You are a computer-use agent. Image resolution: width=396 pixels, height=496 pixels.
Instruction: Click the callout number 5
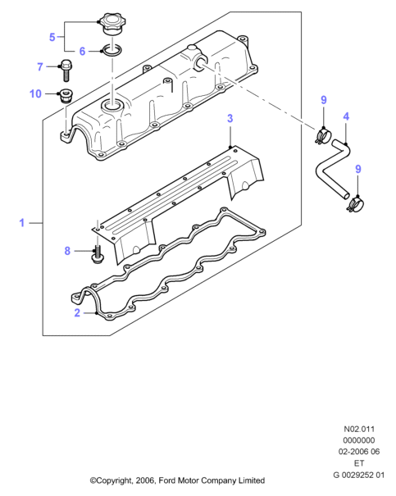pyautogui.click(x=52, y=37)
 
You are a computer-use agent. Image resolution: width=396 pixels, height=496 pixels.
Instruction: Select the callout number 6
pyautogui.click(x=82, y=51)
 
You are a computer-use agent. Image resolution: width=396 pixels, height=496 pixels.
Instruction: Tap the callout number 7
pyautogui.click(x=40, y=66)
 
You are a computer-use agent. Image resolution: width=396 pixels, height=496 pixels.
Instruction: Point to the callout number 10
pyautogui.click(x=35, y=93)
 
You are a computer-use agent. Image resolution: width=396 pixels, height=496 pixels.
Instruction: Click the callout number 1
pyautogui.click(x=22, y=223)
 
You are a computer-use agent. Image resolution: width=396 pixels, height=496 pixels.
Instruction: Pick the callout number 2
pyautogui.click(x=77, y=312)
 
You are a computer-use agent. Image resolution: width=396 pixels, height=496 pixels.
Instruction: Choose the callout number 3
pyautogui.click(x=230, y=118)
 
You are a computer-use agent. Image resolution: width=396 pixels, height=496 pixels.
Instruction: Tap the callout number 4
pyautogui.click(x=346, y=116)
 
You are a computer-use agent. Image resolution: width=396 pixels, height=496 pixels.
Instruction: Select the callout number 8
pyautogui.click(x=67, y=251)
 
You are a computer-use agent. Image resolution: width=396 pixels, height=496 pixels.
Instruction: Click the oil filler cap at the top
pyautogui.click(x=112, y=24)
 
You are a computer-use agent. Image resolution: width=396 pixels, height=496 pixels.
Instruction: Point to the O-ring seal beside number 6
pyautogui.click(x=111, y=50)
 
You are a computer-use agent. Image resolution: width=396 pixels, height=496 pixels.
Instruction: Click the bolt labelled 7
pyautogui.click(x=66, y=71)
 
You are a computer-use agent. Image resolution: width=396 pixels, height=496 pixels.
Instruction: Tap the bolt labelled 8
pyautogui.click(x=97, y=254)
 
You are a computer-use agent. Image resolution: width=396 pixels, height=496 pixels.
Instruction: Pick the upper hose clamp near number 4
pyautogui.click(x=322, y=136)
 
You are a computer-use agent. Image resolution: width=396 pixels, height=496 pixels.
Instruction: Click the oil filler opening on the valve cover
pyautogui.click(x=112, y=106)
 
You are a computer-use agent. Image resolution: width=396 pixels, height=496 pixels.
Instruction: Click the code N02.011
pyautogui.click(x=359, y=429)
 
